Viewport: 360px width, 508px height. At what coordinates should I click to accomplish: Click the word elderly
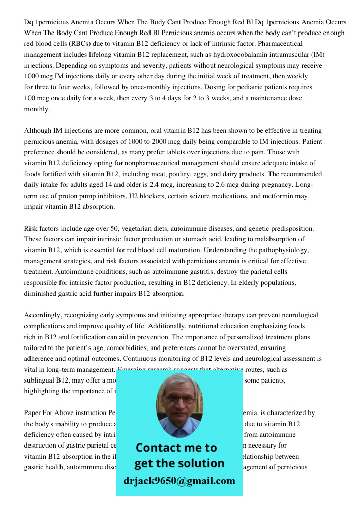pos(244,283)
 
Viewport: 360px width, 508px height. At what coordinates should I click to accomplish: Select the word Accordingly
pos(43,315)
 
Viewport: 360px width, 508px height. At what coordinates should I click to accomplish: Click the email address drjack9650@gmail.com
pos(179,481)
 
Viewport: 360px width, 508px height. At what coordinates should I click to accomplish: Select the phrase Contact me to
pos(176,448)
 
